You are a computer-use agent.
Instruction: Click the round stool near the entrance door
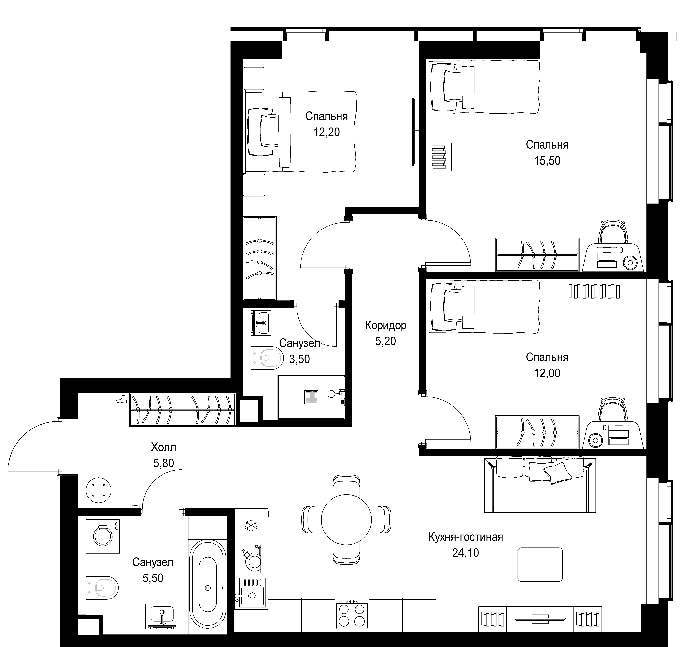pyautogui.click(x=99, y=490)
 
